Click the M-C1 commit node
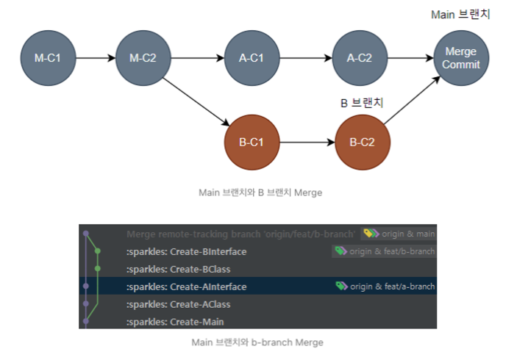coord(48,58)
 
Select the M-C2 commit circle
coord(143,58)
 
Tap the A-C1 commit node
coord(252,58)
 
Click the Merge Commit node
coord(461,58)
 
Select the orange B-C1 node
coord(252,142)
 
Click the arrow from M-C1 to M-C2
coord(96,58)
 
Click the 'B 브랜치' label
coord(362,104)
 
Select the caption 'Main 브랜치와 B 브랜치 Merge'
coord(260,192)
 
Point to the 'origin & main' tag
coord(399,234)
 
